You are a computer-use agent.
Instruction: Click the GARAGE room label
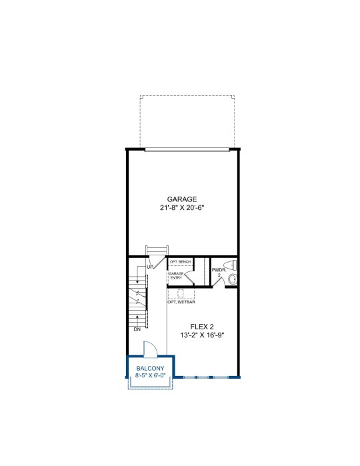click(182, 199)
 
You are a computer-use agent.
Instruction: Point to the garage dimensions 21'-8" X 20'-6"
click(182, 208)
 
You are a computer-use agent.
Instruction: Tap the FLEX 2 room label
click(202, 327)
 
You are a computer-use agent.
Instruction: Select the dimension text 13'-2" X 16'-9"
click(202, 335)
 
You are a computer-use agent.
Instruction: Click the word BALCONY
click(150, 369)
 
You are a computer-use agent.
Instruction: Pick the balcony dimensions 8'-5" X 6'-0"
click(150, 375)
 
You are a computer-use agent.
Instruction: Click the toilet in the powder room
click(231, 265)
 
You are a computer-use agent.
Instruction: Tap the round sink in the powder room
click(233, 279)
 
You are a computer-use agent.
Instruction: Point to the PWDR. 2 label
click(219, 273)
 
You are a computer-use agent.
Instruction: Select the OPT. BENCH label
click(180, 262)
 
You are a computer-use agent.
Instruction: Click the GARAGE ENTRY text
click(176, 275)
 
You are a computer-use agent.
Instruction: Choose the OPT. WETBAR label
click(181, 302)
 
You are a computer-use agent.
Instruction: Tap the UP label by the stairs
click(150, 267)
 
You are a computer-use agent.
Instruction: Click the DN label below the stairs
click(137, 329)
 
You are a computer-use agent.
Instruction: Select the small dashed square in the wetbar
click(181, 293)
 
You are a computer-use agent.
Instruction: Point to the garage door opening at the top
click(187, 150)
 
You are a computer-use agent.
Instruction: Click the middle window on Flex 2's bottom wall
click(203, 377)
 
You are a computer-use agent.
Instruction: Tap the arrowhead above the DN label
click(137, 317)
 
